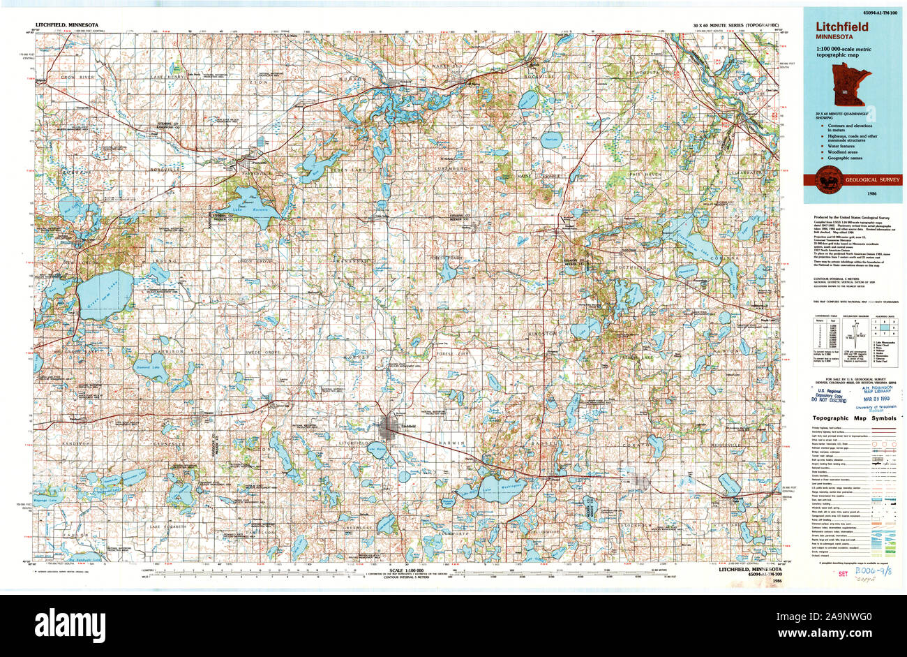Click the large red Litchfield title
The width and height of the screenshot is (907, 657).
[843, 27]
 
